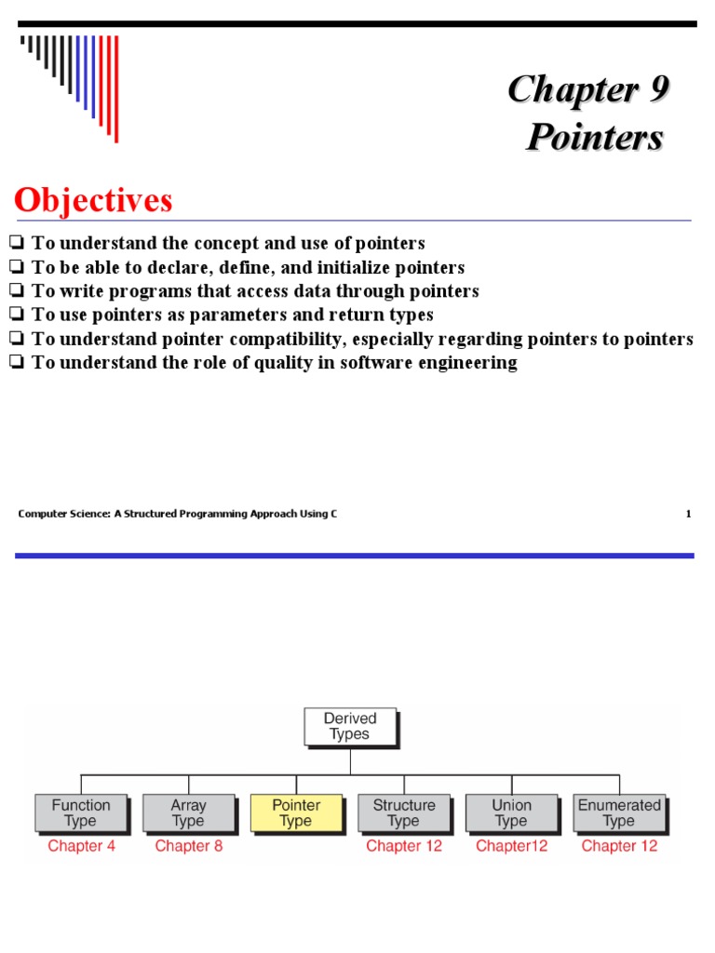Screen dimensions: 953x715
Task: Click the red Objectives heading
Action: click(93, 200)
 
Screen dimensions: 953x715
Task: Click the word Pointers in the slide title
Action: click(595, 137)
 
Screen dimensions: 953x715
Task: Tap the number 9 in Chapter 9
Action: click(655, 90)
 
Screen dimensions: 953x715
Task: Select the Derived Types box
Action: click(350, 727)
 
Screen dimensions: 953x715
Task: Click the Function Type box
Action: click(81, 813)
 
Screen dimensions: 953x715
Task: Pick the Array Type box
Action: click(188, 813)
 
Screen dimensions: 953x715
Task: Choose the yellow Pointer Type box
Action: click(296, 813)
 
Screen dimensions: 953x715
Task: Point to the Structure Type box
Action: click(404, 813)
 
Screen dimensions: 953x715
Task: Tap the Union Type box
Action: click(511, 813)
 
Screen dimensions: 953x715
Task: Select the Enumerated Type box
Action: click(619, 813)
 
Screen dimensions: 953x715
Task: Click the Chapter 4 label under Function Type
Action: click(82, 846)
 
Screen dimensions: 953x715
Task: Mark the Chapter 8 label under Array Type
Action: click(189, 846)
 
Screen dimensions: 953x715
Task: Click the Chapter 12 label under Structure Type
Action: click(404, 846)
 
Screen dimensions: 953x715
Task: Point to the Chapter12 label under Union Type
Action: click(512, 846)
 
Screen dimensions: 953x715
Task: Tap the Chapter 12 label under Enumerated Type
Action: click(619, 846)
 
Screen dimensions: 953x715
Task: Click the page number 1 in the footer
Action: click(688, 513)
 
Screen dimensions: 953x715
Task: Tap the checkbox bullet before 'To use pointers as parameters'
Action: click(17, 315)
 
